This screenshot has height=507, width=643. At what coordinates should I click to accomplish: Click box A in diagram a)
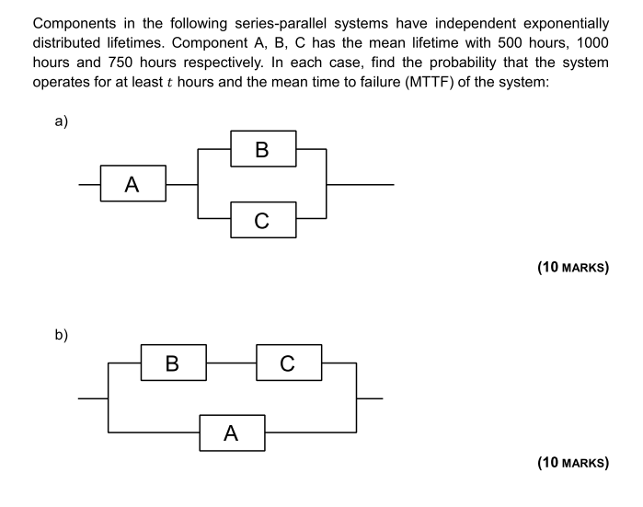point(132,185)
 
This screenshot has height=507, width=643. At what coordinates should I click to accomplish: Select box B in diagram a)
point(262,150)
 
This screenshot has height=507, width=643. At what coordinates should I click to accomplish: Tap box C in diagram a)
point(262,220)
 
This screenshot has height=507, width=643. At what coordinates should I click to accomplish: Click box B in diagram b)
point(172,362)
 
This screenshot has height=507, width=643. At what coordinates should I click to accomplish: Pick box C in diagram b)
point(289,362)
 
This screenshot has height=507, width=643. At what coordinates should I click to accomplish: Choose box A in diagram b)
point(232,432)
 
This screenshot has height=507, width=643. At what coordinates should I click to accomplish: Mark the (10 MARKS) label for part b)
point(572,463)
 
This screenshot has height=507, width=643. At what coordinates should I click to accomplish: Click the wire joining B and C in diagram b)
point(231,362)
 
